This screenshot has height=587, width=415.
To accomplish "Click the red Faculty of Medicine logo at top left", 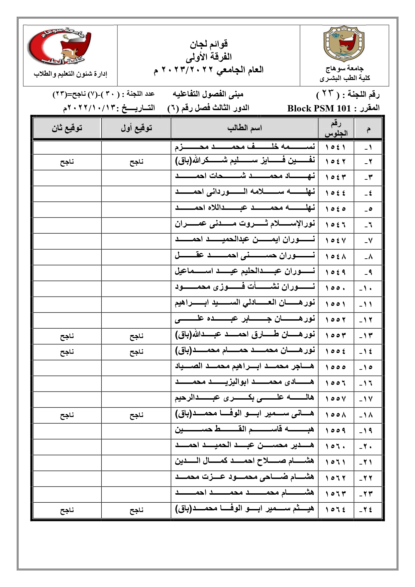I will coord(59,47).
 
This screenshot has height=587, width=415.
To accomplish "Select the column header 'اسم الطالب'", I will coord(244,128).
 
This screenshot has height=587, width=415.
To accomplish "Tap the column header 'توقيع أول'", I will coord(136,128).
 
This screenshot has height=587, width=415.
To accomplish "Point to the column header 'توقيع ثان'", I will coord(67,128).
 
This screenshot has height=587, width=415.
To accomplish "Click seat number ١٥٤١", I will coord(336,147).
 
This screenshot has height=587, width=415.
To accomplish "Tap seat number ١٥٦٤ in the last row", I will coord(336,510).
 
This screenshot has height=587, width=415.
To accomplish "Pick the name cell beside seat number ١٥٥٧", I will coord(245,398).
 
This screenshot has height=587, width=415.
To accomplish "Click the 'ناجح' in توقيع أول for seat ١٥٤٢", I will coord(136,162).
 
